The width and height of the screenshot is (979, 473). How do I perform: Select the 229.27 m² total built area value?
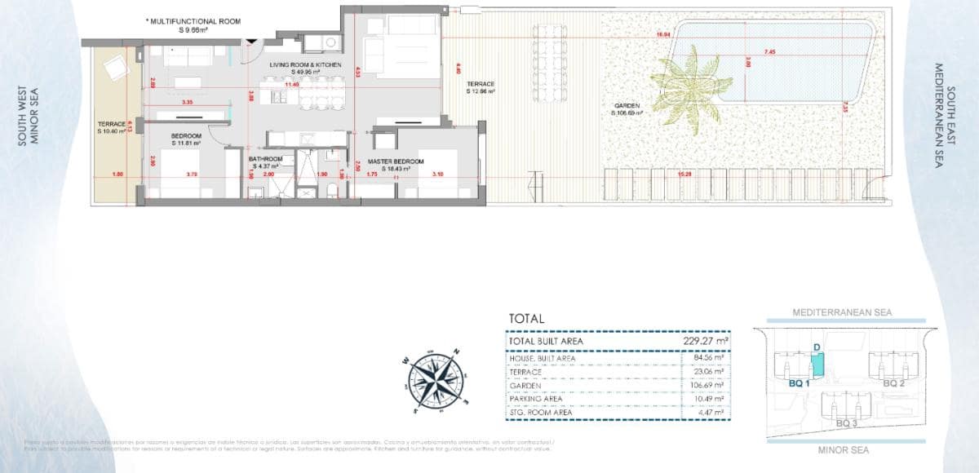coord(706,342)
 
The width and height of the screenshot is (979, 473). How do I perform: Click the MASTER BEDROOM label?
coord(396,161)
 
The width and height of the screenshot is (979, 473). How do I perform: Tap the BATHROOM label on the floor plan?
coord(266,159)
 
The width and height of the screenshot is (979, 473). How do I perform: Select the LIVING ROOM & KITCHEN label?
coord(307,64)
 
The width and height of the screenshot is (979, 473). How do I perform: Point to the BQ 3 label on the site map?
coord(847,423)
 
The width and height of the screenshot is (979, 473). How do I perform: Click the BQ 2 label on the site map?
coord(894,382)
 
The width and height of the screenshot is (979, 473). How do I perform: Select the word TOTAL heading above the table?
coord(526,319)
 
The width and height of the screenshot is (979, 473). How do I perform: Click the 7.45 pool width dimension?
coord(770,52)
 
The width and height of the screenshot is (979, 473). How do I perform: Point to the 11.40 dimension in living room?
coord(291,84)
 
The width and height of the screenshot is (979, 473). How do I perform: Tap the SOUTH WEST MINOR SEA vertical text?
coord(29,117)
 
